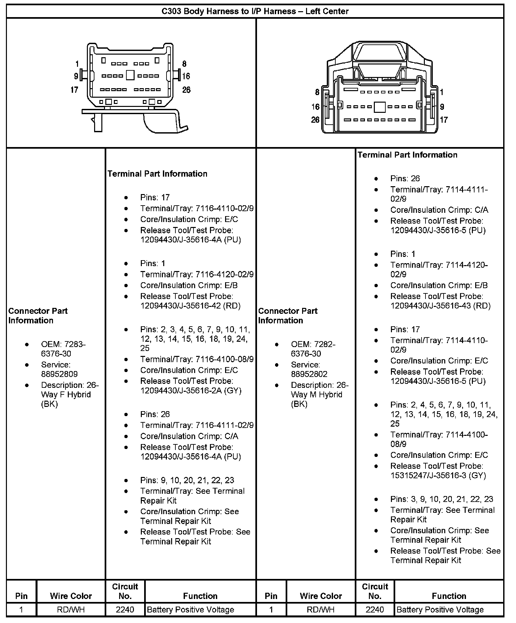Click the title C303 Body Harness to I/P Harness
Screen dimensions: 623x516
click(x=255, y=12)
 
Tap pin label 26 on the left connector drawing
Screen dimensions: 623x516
click(x=186, y=90)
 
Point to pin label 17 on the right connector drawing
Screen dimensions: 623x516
click(x=444, y=120)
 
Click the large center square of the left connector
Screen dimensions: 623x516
click(x=130, y=75)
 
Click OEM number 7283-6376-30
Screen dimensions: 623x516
click(x=63, y=349)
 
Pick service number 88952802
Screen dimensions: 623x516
click(x=309, y=374)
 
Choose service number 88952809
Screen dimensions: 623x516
click(x=59, y=374)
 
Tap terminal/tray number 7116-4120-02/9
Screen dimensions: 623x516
click(x=224, y=274)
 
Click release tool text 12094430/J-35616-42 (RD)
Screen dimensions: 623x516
click(x=190, y=306)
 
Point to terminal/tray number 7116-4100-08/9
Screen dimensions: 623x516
click(x=224, y=359)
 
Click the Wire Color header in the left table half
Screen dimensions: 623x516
click(x=71, y=596)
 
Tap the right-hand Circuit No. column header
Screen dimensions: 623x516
click(x=375, y=591)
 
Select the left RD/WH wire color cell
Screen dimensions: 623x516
click(x=71, y=610)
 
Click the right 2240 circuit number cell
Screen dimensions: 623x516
click(x=375, y=610)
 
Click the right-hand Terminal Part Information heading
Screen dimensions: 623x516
click(x=407, y=155)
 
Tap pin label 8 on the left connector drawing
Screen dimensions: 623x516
click(x=184, y=64)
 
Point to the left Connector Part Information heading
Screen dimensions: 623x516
click(x=38, y=316)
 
